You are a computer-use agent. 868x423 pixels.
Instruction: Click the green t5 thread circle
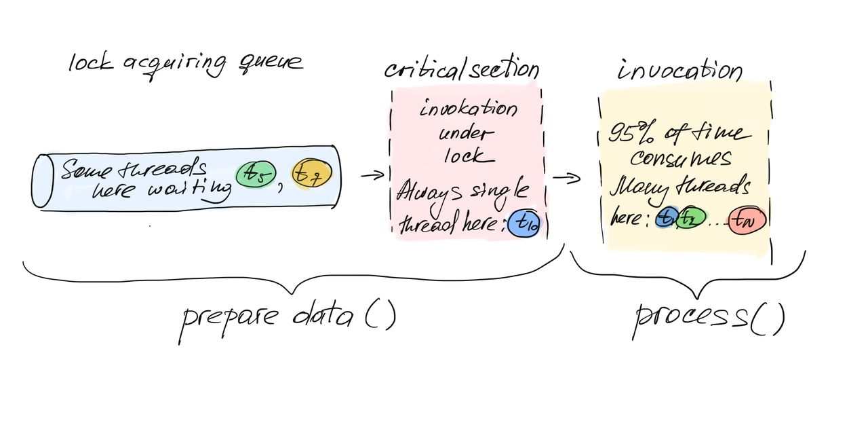pos(254,175)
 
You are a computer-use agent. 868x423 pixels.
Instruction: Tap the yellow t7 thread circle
pos(312,175)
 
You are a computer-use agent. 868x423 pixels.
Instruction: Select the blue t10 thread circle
pos(523,223)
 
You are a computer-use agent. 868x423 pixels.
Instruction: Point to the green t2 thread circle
pos(690,219)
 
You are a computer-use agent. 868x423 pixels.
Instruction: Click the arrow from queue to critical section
pos(372,176)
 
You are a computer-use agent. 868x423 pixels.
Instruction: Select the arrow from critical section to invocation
pos(567,179)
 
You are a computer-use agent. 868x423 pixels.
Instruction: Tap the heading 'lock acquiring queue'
pos(185,63)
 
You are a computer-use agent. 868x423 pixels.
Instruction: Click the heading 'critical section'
pos(461,69)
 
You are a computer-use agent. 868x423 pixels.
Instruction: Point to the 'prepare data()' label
pos(287,316)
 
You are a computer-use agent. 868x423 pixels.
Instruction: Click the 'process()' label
pos(708,318)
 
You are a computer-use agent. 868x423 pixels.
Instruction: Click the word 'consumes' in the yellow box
pos(680,159)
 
